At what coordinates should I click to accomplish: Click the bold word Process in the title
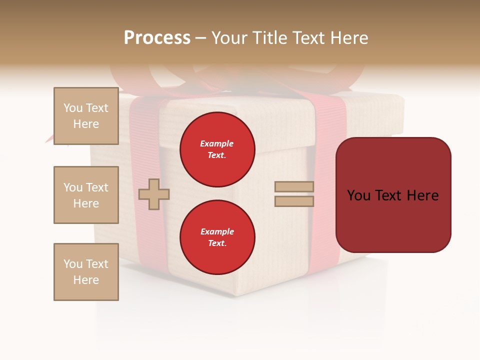tap(157, 38)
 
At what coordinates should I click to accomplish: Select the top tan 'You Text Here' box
tap(86, 116)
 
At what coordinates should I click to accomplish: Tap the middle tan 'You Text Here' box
tap(86, 195)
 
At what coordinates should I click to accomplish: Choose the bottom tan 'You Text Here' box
tap(86, 272)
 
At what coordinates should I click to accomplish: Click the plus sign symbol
tap(154, 194)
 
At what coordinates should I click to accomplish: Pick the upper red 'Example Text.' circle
tap(217, 149)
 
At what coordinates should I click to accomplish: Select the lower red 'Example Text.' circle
tap(217, 237)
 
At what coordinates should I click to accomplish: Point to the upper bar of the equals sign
tap(294, 186)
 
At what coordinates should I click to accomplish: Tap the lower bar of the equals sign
tap(294, 201)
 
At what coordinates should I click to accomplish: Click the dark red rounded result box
tap(393, 195)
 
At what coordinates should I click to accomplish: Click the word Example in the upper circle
tap(217, 143)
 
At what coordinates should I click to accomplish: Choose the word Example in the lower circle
tap(217, 231)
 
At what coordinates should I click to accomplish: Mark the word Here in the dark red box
tap(422, 195)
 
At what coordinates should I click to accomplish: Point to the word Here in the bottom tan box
tap(86, 280)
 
